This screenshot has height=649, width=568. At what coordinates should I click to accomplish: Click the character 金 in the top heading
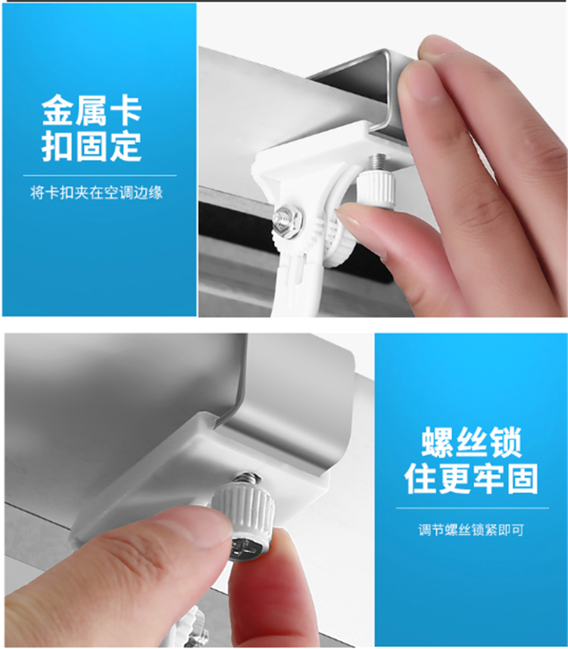coord(58,110)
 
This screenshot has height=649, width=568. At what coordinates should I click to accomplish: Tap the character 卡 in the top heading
coord(126,110)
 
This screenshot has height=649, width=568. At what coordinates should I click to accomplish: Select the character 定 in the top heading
coord(126,145)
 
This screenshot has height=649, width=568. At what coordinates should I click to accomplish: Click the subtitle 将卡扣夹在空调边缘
coord(96,192)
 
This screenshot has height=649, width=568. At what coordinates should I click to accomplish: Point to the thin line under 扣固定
coord(99,176)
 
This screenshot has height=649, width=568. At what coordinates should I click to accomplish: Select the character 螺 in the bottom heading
coord(437,442)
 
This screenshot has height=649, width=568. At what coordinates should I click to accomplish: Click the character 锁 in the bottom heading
coord(505,442)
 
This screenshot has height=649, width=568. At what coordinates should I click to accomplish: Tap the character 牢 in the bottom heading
coord(488,479)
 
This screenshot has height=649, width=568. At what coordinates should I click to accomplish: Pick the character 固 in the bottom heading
coord(523,479)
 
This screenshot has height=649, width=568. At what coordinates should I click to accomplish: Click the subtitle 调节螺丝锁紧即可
coord(471,530)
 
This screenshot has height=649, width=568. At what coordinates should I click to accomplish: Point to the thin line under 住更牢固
coord(473,508)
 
